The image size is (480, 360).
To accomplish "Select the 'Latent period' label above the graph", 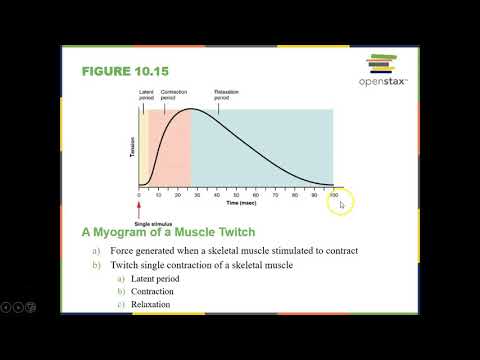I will tap(146, 95).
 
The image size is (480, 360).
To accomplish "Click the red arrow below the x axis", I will tap(139, 207).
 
